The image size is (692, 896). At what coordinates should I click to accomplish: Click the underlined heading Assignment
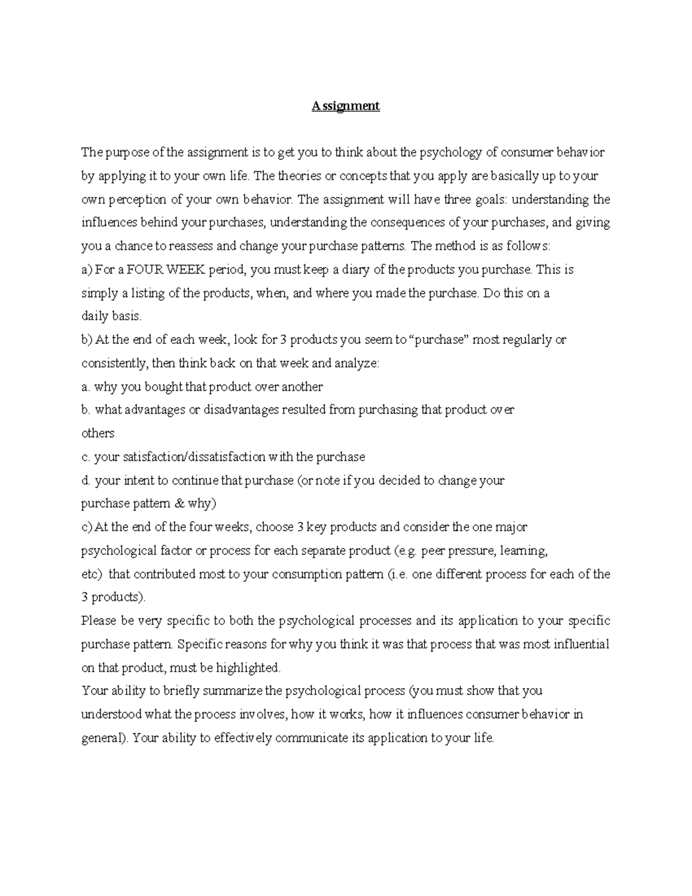[x=345, y=106]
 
